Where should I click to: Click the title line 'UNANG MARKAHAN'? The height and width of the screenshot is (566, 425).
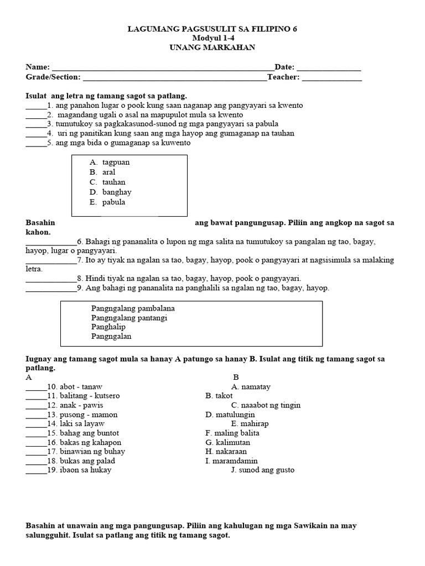[x=213, y=48]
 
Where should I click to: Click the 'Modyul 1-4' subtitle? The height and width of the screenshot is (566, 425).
[x=213, y=38]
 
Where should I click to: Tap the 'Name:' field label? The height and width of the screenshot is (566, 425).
[x=38, y=67]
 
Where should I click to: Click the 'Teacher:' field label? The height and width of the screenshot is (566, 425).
[x=283, y=77]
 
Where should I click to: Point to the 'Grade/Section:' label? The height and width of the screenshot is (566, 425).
[x=53, y=77]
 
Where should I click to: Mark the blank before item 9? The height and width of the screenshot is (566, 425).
[x=50, y=288]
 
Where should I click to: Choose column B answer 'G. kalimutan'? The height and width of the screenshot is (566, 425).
[x=227, y=443]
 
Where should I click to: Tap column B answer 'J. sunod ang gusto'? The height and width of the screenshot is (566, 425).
[x=263, y=470]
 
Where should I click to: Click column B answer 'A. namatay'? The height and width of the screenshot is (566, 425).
[x=251, y=387]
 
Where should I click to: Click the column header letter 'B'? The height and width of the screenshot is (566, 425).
[x=236, y=378]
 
